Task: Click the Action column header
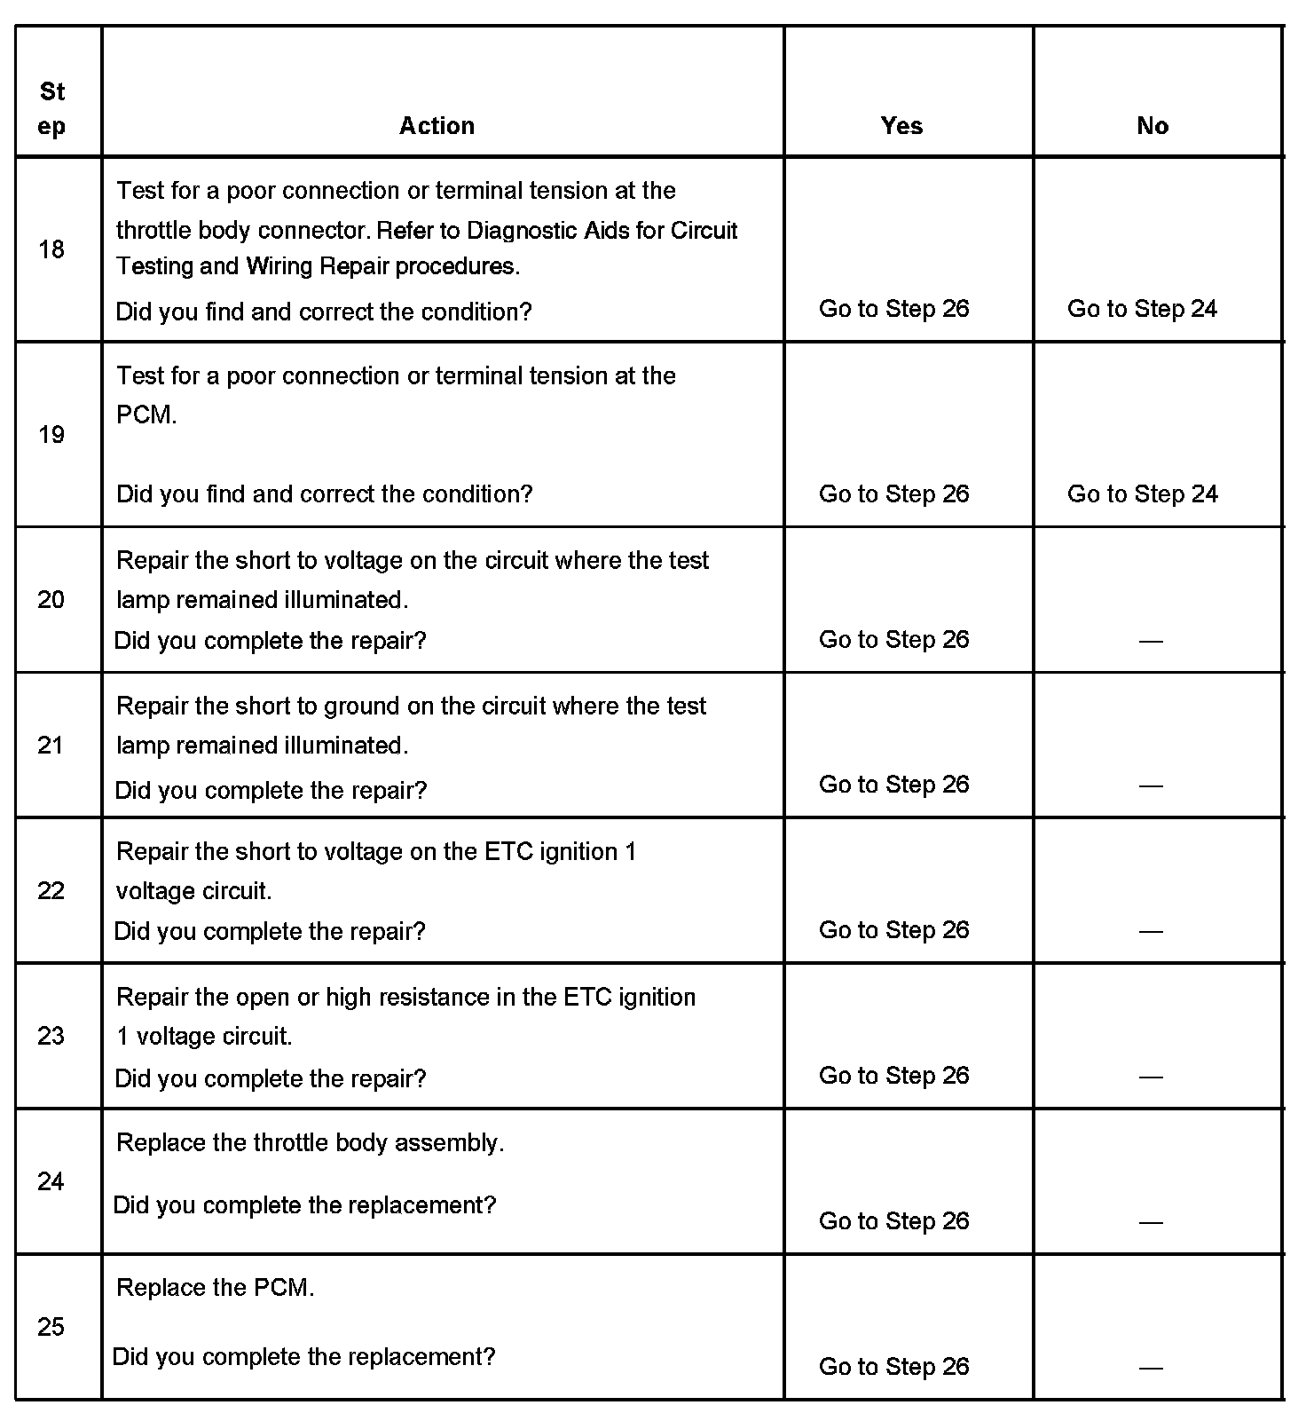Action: click(x=437, y=126)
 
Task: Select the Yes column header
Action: click(x=901, y=126)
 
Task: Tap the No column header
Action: click(x=1152, y=126)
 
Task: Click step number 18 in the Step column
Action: click(x=51, y=249)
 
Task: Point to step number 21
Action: click(x=51, y=745)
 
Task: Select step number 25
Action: click(x=51, y=1327)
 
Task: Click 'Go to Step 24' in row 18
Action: click(x=1142, y=309)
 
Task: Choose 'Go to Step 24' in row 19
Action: click(x=1142, y=493)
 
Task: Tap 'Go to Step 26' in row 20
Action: click(x=893, y=639)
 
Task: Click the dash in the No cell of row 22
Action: click(x=1151, y=931)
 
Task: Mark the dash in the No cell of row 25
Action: click(x=1151, y=1368)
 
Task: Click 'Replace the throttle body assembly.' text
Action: click(x=310, y=1142)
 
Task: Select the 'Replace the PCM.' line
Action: click(x=215, y=1288)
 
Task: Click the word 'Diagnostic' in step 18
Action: click(x=522, y=231)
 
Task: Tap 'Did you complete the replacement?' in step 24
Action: click(x=304, y=1205)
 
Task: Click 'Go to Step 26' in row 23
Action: click(x=893, y=1076)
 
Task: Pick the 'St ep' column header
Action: click(x=52, y=108)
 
